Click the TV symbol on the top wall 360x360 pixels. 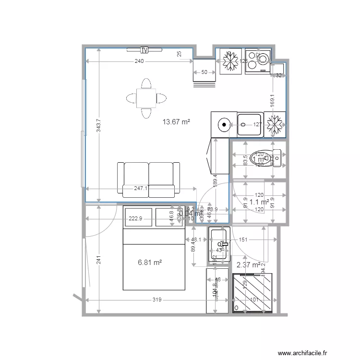(144, 49)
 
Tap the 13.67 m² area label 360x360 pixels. (176, 122)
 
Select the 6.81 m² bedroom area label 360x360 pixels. (149, 263)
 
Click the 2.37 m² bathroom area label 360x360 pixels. (248, 264)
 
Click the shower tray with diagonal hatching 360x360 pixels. (252, 293)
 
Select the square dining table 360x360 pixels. (145, 98)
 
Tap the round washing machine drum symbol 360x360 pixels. (224, 125)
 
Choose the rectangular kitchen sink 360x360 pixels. (250, 125)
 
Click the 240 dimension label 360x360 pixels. (139, 61)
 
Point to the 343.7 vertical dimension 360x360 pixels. (98, 126)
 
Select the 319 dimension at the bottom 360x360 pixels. (156, 300)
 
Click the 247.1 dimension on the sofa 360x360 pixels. (141, 189)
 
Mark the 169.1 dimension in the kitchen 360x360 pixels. (272, 100)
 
